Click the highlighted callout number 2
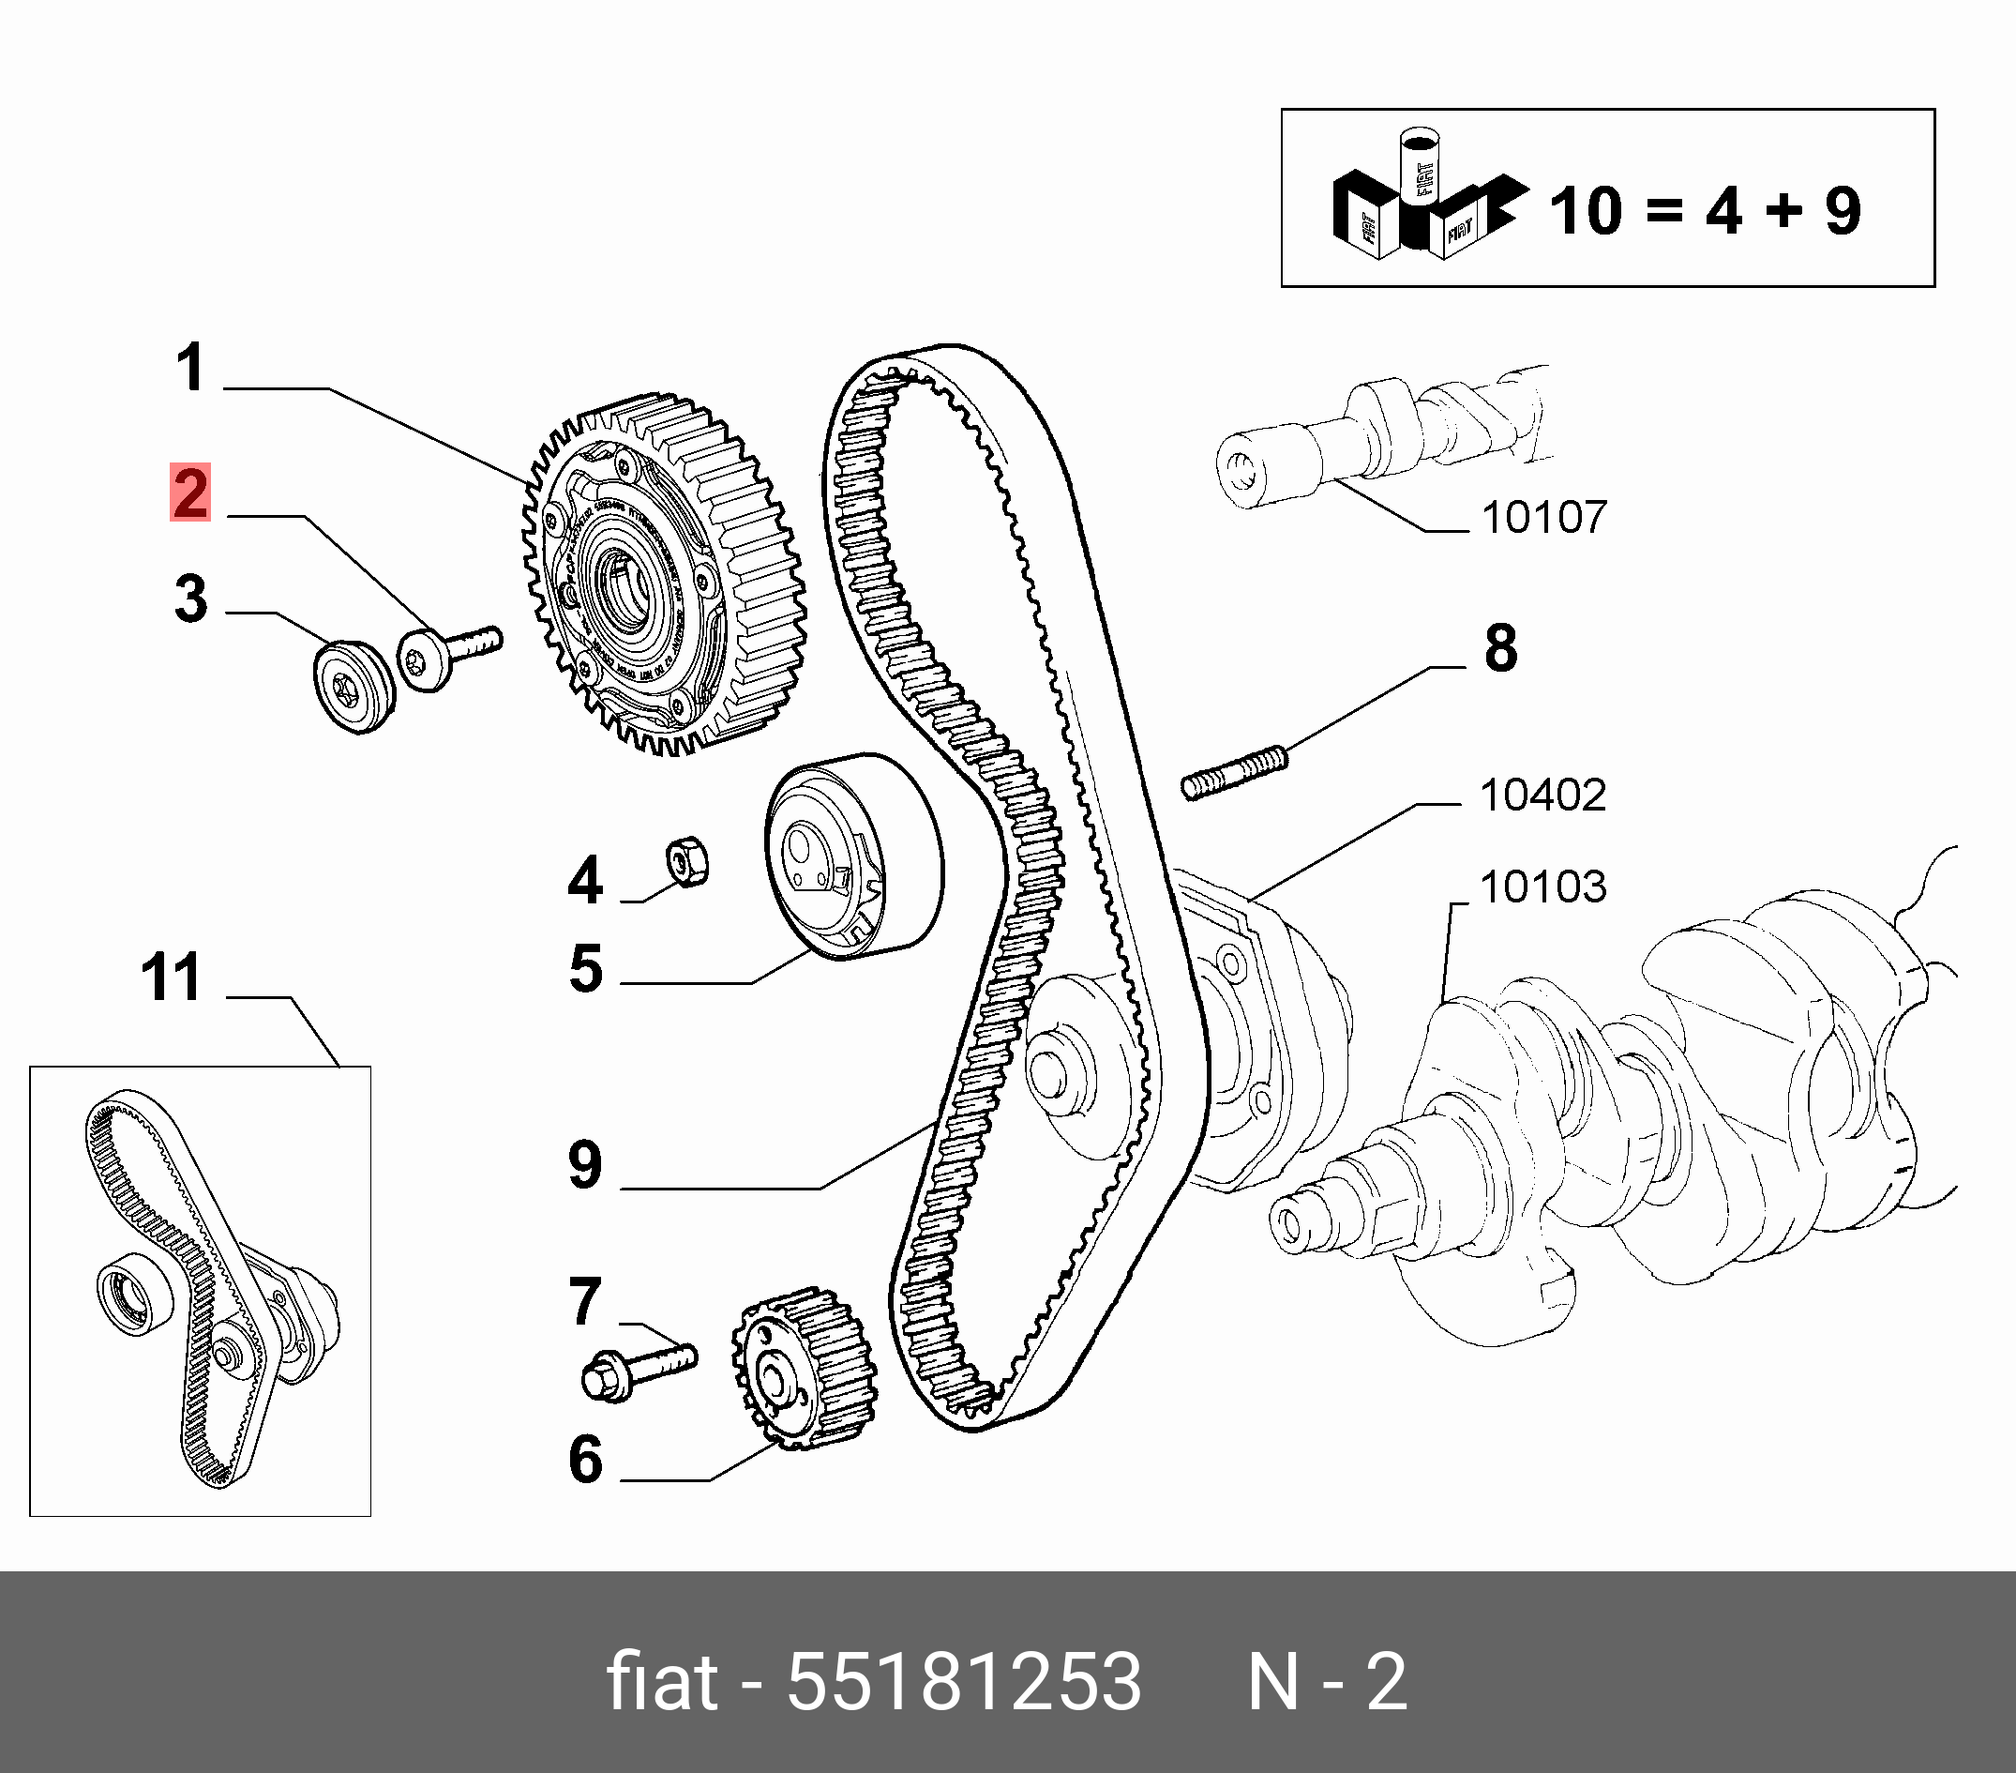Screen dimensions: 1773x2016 click(x=190, y=492)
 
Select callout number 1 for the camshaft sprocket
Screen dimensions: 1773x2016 click(x=191, y=368)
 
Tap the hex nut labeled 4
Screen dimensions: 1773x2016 click(x=687, y=861)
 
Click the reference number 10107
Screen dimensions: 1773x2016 click(x=1543, y=517)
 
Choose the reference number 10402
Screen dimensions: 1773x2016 click(x=1542, y=795)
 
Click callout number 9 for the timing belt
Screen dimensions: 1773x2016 click(x=586, y=1164)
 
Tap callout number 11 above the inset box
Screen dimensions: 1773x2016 click(x=173, y=977)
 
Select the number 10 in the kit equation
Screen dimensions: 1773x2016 click(x=1585, y=211)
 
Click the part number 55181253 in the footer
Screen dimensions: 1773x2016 click(x=964, y=1681)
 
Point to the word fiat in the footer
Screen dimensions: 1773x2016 click(x=661, y=1681)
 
